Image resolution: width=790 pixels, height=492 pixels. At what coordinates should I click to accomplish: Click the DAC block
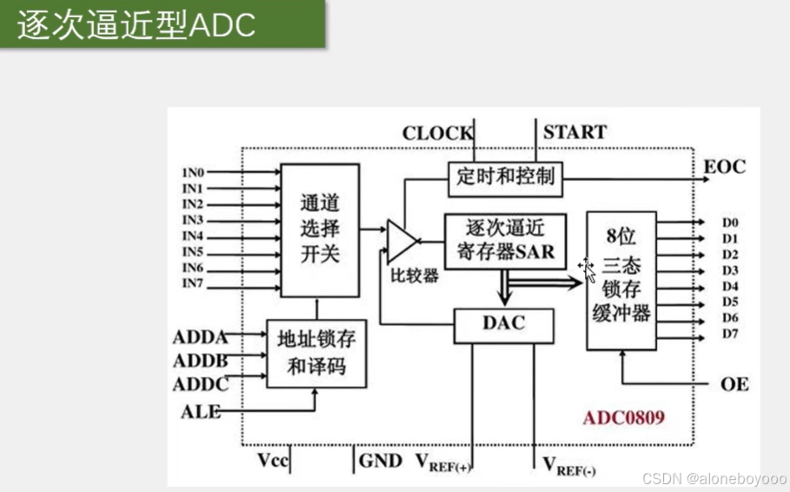[x=502, y=324]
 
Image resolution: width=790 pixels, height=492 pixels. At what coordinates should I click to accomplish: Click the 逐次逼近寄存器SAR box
[x=505, y=240]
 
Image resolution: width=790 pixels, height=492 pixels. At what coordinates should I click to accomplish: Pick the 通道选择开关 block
[x=319, y=230]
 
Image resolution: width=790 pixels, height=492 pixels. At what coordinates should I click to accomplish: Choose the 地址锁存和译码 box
[x=316, y=351]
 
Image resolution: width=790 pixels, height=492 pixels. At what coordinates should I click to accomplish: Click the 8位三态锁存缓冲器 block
[x=621, y=280]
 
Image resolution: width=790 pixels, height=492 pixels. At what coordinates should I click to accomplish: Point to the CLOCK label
[x=437, y=134]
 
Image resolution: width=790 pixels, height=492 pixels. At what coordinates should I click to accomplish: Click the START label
[x=574, y=133]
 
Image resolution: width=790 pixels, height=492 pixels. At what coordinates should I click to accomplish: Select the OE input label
[x=734, y=383]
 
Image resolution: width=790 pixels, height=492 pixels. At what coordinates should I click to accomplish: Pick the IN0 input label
[x=192, y=172]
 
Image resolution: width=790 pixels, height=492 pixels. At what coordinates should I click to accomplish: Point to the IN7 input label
[x=192, y=283]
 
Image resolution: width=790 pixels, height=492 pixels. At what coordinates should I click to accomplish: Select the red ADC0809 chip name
[x=624, y=417]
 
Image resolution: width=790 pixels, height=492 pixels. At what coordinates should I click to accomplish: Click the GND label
[x=381, y=461]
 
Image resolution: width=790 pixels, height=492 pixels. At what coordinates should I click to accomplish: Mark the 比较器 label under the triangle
[x=415, y=276]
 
